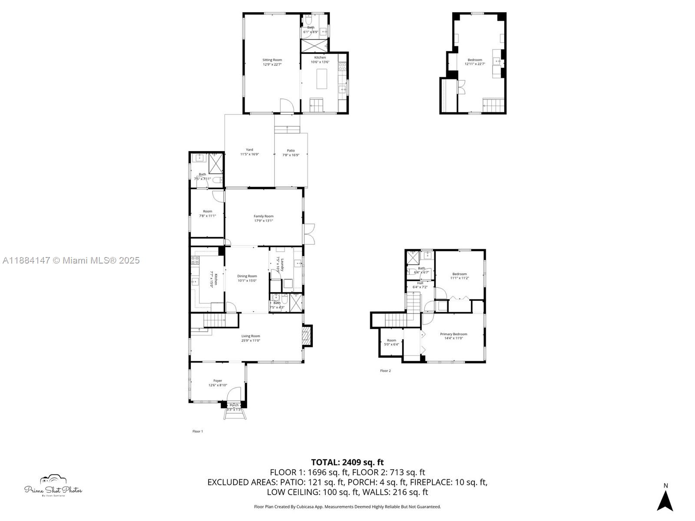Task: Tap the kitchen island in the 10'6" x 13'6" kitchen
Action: tap(321, 79)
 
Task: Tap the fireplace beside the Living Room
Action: tap(307, 336)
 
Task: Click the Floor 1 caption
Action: tap(198, 431)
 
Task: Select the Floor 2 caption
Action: tap(385, 371)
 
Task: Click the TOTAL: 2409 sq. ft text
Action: tap(347, 462)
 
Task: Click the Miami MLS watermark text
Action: tap(71, 260)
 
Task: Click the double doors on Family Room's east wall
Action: tap(309, 234)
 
